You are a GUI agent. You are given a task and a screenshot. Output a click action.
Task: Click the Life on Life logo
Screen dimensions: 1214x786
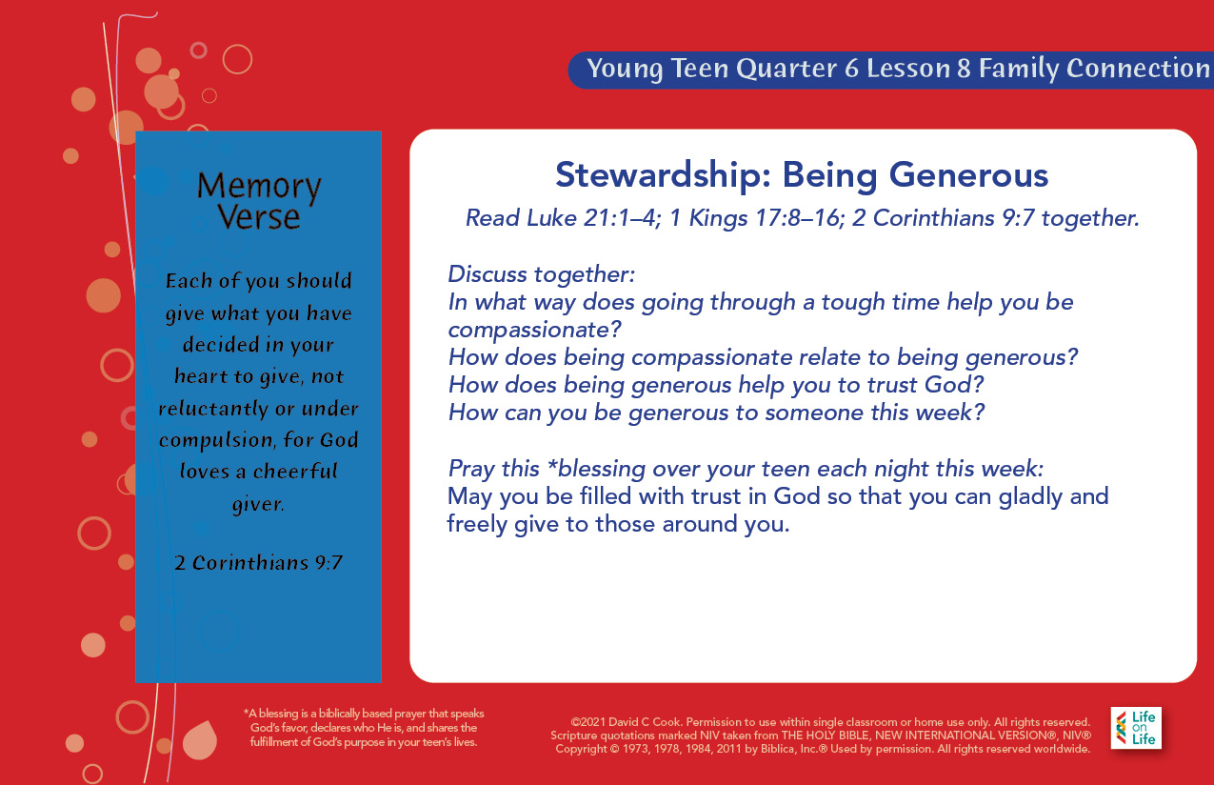coord(1136,728)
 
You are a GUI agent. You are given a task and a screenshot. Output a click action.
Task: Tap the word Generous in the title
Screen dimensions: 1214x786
coord(968,175)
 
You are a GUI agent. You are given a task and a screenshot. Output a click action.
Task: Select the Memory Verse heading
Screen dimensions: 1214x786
coord(259,201)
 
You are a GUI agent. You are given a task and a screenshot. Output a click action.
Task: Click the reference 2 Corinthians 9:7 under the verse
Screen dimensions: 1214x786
coord(259,562)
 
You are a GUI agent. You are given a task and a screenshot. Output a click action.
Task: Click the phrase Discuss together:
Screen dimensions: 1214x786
coord(541,274)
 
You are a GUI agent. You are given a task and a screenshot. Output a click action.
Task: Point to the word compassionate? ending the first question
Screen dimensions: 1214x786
coord(534,330)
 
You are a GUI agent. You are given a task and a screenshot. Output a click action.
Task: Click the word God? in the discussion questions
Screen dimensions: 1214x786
coord(953,385)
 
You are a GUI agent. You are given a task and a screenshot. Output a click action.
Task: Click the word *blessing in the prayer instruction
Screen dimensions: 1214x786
coord(596,469)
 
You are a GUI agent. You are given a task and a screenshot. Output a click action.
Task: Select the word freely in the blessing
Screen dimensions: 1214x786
coord(477,525)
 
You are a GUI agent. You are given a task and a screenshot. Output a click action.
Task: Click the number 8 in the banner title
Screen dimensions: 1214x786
coord(964,69)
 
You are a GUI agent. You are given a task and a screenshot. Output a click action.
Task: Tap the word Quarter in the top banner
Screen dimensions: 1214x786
coord(786,69)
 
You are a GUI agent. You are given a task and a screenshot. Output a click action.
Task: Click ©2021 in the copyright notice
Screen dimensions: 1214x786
coord(587,722)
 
